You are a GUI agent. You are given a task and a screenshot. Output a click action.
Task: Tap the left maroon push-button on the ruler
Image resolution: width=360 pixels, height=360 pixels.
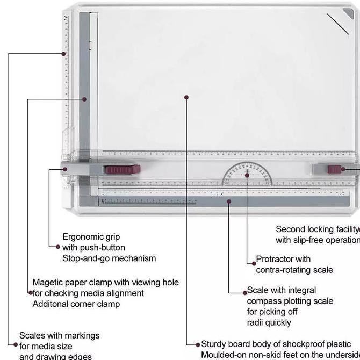pyautogui.click(x=120, y=170)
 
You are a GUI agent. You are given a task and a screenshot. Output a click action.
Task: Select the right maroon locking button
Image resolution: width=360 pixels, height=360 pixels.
pyautogui.click(x=336, y=169)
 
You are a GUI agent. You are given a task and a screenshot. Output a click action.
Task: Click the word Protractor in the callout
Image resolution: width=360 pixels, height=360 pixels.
pyautogui.click(x=275, y=259)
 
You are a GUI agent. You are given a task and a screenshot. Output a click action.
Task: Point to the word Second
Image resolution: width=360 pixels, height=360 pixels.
pyautogui.click(x=290, y=229)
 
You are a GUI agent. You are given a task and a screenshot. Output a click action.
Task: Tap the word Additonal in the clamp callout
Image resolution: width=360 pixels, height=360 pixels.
pyautogui.click(x=53, y=304)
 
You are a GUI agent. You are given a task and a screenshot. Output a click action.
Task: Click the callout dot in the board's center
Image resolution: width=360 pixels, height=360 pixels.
pyautogui.click(x=186, y=97)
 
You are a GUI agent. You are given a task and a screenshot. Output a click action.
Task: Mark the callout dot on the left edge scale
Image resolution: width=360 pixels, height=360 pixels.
pyautogui.click(x=63, y=54)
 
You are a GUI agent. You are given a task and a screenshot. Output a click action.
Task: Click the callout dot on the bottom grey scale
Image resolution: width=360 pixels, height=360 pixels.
pyautogui.click(x=229, y=201)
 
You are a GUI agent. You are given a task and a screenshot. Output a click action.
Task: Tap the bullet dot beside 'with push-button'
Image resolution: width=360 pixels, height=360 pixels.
pyautogui.click(x=59, y=247)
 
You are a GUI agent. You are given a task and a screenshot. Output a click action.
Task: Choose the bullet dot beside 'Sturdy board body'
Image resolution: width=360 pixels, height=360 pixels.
pyautogui.click(x=197, y=344)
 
